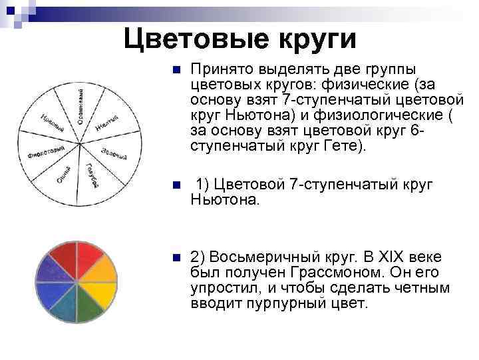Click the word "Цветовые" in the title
[x=194, y=38]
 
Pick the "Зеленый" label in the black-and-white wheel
[x=114, y=154]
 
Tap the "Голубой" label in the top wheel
[x=92, y=174]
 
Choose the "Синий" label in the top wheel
[x=64, y=176]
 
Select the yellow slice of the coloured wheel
[x=101, y=294]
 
